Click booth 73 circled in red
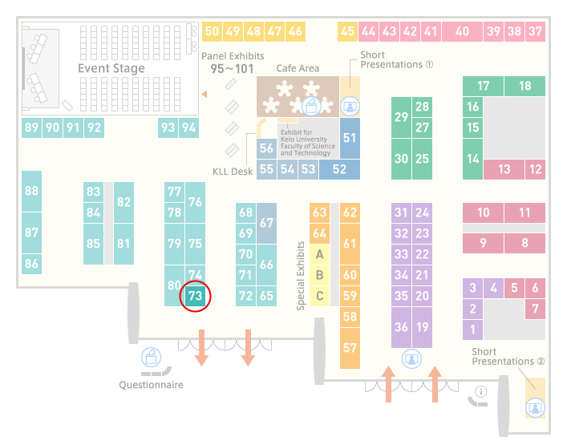[x=195, y=296]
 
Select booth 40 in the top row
[x=462, y=31]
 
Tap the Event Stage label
[x=111, y=68]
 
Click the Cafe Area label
[x=298, y=68]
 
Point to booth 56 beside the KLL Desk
[x=266, y=148]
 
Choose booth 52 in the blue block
[x=339, y=169]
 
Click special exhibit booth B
[x=319, y=275]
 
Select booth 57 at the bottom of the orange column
[x=350, y=348]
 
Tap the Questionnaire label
[x=151, y=385]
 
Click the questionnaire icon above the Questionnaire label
[x=151, y=357]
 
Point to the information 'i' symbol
[x=481, y=391]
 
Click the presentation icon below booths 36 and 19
[x=411, y=358]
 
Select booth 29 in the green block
[x=401, y=117]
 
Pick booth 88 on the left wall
[x=31, y=191]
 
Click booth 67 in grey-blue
[x=266, y=223]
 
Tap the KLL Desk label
[x=233, y=172]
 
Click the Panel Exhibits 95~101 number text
[x=232, y=69]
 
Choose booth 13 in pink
[x=504, y=169]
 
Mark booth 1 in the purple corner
[x=472, y=330]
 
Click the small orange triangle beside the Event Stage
[x=205, y=94]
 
